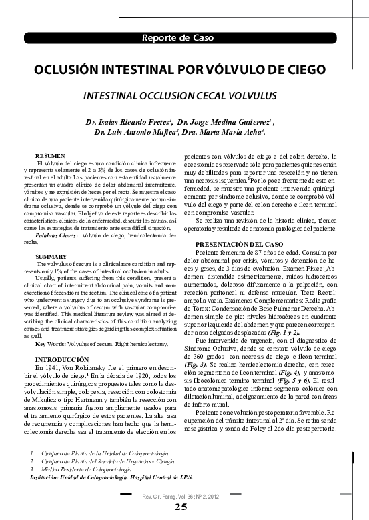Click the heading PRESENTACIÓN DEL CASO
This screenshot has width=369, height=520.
[x=244, y=245]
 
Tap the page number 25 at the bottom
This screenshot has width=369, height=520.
[x=181, y=507]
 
